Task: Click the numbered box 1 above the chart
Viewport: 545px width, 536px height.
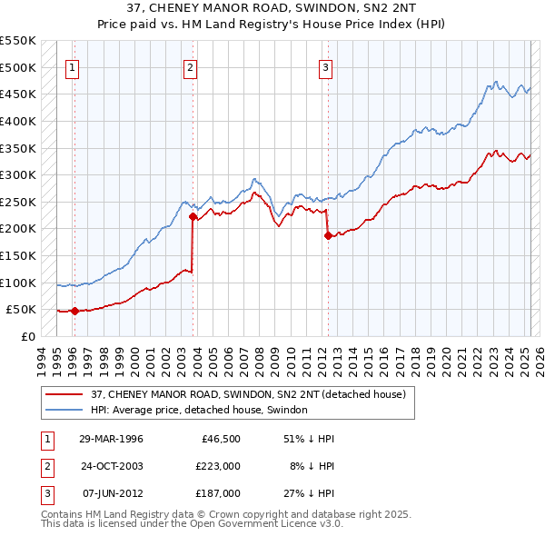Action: point(72,66)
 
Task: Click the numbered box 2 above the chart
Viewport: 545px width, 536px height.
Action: point(190,66)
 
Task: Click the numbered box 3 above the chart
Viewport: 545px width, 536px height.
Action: point(325,66)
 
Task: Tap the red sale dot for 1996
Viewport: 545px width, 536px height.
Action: point(74,311)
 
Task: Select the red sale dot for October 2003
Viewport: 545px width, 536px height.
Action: point(193,216)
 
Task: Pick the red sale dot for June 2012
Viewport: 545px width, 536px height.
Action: point(327,235)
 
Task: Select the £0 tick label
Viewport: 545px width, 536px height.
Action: point(28,336)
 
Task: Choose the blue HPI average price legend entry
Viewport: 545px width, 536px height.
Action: point(199,410)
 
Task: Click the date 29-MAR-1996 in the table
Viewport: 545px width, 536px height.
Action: point(111,439)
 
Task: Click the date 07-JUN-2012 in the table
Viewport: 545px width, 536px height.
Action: point(111,493)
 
